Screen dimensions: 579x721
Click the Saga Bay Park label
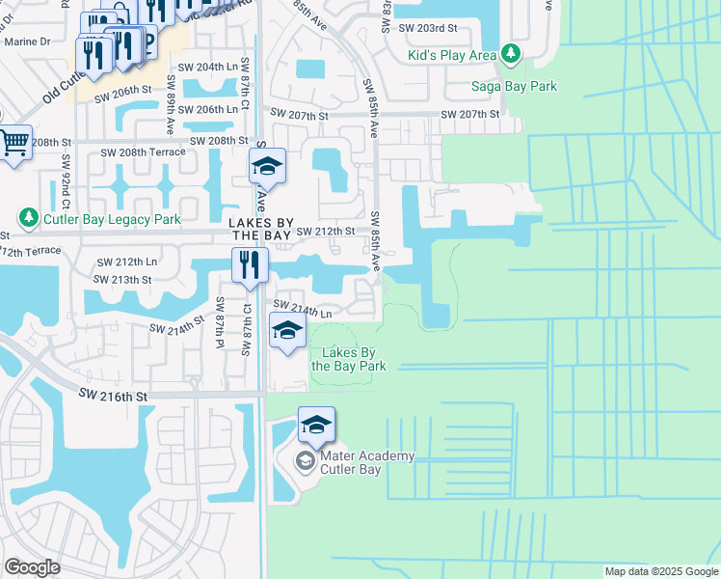514,86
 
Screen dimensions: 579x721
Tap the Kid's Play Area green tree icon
511,54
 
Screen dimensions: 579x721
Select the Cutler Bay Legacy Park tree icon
28,219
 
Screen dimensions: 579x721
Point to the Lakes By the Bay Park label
348,359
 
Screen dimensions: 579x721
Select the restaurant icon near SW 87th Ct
250,264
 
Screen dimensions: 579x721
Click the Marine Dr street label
27,41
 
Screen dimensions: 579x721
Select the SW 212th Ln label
126,262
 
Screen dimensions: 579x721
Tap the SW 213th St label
122,279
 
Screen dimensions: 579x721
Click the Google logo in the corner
33,567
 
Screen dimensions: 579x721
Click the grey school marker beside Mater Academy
305,461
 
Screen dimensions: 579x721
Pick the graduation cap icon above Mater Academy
316,424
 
